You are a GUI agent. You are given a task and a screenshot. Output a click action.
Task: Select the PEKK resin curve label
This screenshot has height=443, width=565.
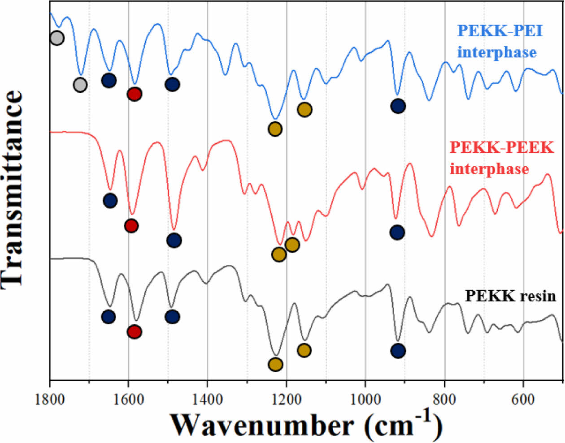(510, 296)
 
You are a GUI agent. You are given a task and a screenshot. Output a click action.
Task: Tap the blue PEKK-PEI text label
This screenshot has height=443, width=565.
(500, 31)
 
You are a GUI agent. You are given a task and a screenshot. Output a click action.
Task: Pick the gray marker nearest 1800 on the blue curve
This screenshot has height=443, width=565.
(56, 38)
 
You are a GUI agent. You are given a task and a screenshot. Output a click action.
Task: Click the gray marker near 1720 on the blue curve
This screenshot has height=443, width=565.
(80, 84)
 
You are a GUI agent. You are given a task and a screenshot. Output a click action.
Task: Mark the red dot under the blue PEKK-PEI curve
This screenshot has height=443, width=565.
(135, 94)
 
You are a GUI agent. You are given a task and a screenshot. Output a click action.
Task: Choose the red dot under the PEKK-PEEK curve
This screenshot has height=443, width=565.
(131, 225)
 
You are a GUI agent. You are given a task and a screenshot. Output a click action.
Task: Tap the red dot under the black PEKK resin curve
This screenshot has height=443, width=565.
(135, 331)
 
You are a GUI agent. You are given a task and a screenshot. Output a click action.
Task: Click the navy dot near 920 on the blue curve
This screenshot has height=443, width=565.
(398, 106)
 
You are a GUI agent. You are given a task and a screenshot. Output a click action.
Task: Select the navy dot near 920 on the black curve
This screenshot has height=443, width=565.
(398, 351)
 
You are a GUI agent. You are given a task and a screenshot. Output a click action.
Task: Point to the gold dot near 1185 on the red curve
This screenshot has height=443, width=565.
(292, 245)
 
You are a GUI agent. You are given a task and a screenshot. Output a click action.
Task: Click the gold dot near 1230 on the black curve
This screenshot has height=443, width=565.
(275, 364)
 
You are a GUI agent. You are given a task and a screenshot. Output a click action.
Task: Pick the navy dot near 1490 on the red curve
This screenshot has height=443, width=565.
(174, 240)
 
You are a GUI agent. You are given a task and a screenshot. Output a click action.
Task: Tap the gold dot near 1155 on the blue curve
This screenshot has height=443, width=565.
(304, 109)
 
